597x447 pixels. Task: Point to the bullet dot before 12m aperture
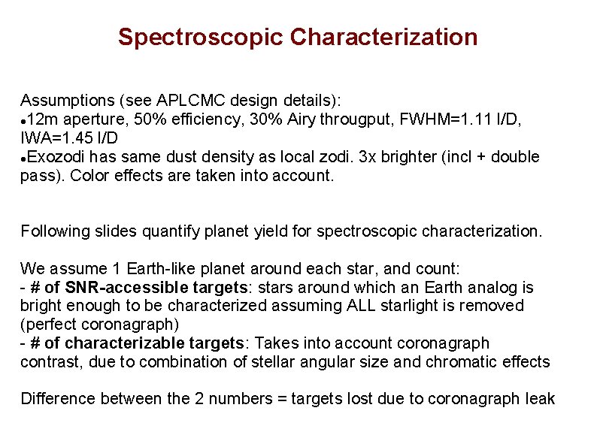(x=24, y=120)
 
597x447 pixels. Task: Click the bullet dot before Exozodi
(x=24, y=158)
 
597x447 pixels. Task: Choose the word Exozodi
(x=53, y=157)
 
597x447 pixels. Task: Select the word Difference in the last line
(x=56, y=399)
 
